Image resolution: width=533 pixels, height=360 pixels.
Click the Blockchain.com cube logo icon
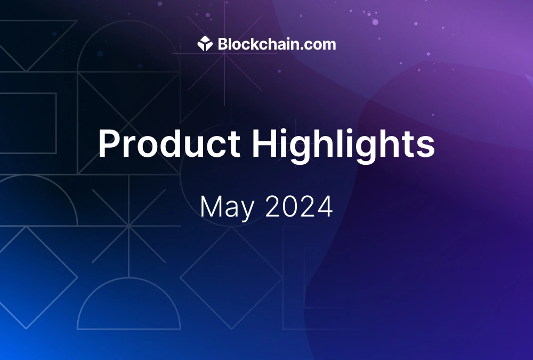pyautogui.click(x=205, y=44)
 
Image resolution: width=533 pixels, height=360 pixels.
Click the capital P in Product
pyautogui.click(x=109, y=143)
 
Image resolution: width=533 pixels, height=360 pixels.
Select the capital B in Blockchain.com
pyautogui.click(x=223, y=44)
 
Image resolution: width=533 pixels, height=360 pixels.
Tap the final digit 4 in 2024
pyautogui.click(x=325, y=206)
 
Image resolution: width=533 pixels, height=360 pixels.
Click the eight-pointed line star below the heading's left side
pyautogui.click(x=128, y=227)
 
